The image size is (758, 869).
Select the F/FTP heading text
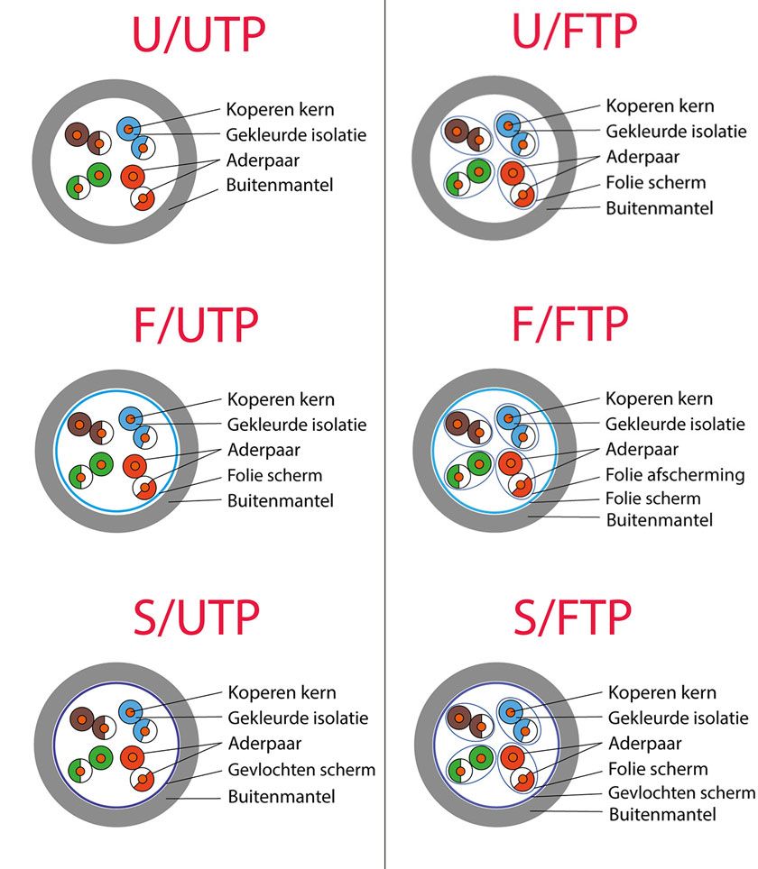570,325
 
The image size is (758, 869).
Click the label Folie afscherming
675,474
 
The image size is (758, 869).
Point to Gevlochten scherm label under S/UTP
301,770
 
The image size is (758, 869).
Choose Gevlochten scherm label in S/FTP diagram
681,792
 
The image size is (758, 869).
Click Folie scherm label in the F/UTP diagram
274,475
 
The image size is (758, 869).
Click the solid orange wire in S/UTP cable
133,757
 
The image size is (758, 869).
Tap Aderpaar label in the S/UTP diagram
264,744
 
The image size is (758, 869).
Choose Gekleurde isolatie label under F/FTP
676,424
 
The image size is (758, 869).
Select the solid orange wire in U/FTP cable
512,171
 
